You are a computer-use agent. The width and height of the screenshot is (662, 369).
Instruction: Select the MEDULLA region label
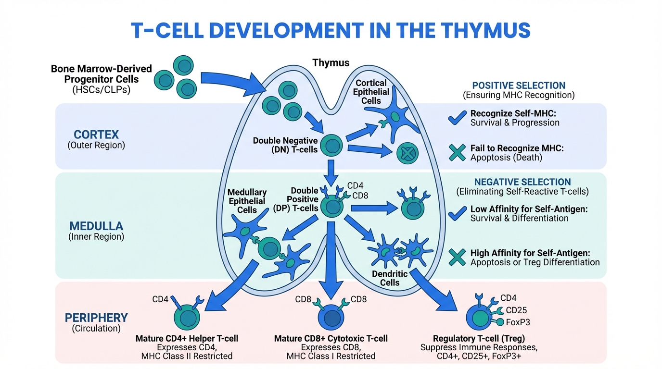pyautogui.click(x=96, y=226)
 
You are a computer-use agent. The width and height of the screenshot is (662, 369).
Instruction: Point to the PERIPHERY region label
pyautogui.click(x=97, y=318)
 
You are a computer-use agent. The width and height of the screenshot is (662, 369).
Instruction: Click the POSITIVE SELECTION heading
pyautogui.click(x=519, y=86)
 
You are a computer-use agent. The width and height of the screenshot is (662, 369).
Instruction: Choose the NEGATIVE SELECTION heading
pyautogui.click(x=522, y=182)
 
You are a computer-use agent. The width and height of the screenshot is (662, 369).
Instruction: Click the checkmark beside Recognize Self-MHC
pyautogui.click(x=457, y=117)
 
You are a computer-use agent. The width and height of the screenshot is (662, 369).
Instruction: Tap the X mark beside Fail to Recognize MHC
pyautogui.click(x=457, y=152)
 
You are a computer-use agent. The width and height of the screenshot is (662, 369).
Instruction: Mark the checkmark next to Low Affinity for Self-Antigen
pyautogui.click(x=457, y=213)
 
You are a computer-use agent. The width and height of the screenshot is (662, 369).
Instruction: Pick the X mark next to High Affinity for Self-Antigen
pyautogui.click(x=457, y=257)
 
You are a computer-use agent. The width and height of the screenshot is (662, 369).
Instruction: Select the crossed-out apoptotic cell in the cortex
pyautogui.click(x=407, y=154)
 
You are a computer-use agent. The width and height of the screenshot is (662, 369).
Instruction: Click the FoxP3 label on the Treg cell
pyautogui.click(x=518, y=322)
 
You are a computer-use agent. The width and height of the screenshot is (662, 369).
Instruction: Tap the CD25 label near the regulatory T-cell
pyautogui.click(x=516, y=310)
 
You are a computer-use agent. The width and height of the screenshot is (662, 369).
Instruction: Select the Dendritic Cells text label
pyautogui.click(x=390, y=278)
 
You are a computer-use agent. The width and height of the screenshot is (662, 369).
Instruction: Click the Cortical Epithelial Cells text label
pyautogui.click(x=372, y=92)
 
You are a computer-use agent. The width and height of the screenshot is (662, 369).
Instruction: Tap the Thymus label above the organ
pyautogui.click(x=331, y=63)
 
